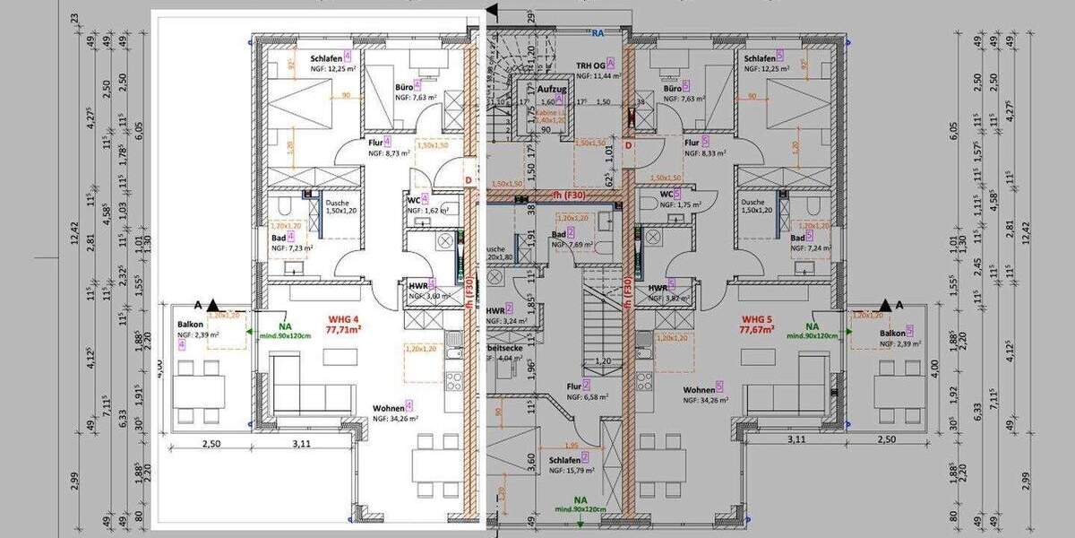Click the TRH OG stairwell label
click(593, 65)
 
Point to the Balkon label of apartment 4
click(190, 325)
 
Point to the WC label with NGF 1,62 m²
click(413, 199)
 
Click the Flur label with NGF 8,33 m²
click(691, 143)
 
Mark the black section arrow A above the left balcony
click(211, 306)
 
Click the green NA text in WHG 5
click(812, 327)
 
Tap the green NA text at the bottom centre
click(580, 500)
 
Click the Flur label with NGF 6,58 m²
click(573, 386)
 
